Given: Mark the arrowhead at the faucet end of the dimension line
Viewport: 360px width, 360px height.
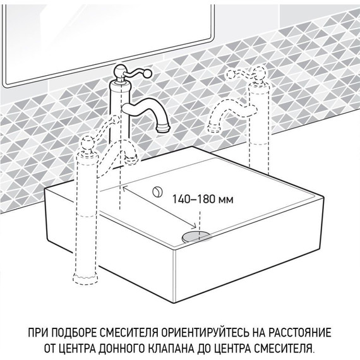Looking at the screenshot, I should [x=124, y=187].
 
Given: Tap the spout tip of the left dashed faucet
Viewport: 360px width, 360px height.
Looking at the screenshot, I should [x=135, y=154].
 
